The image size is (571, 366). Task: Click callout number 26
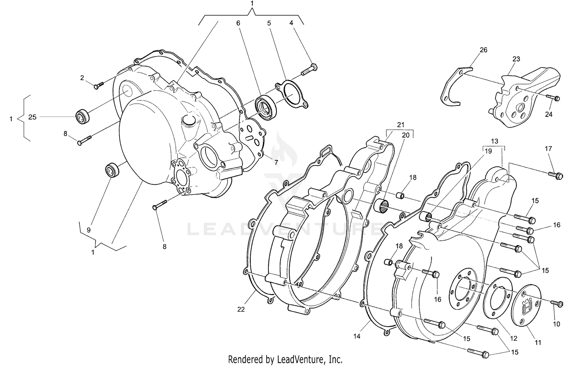pyautogui.click(x=483, y=50)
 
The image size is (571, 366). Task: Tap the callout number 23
pyautogui.click(x=516, y=59)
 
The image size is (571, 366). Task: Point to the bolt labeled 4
pyautogui.click(x=309, y=69)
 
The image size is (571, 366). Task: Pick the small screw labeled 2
pyautogui.click(x=97, y=85)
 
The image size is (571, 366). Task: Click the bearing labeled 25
pyautogui.click(x=82, y=116)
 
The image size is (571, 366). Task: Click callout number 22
pyautogui.click(x=241, y=310)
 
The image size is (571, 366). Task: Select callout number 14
pyautogui.click(x=357, y=336)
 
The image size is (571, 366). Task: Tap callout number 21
pyautogui.click(x=400, y=125)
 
